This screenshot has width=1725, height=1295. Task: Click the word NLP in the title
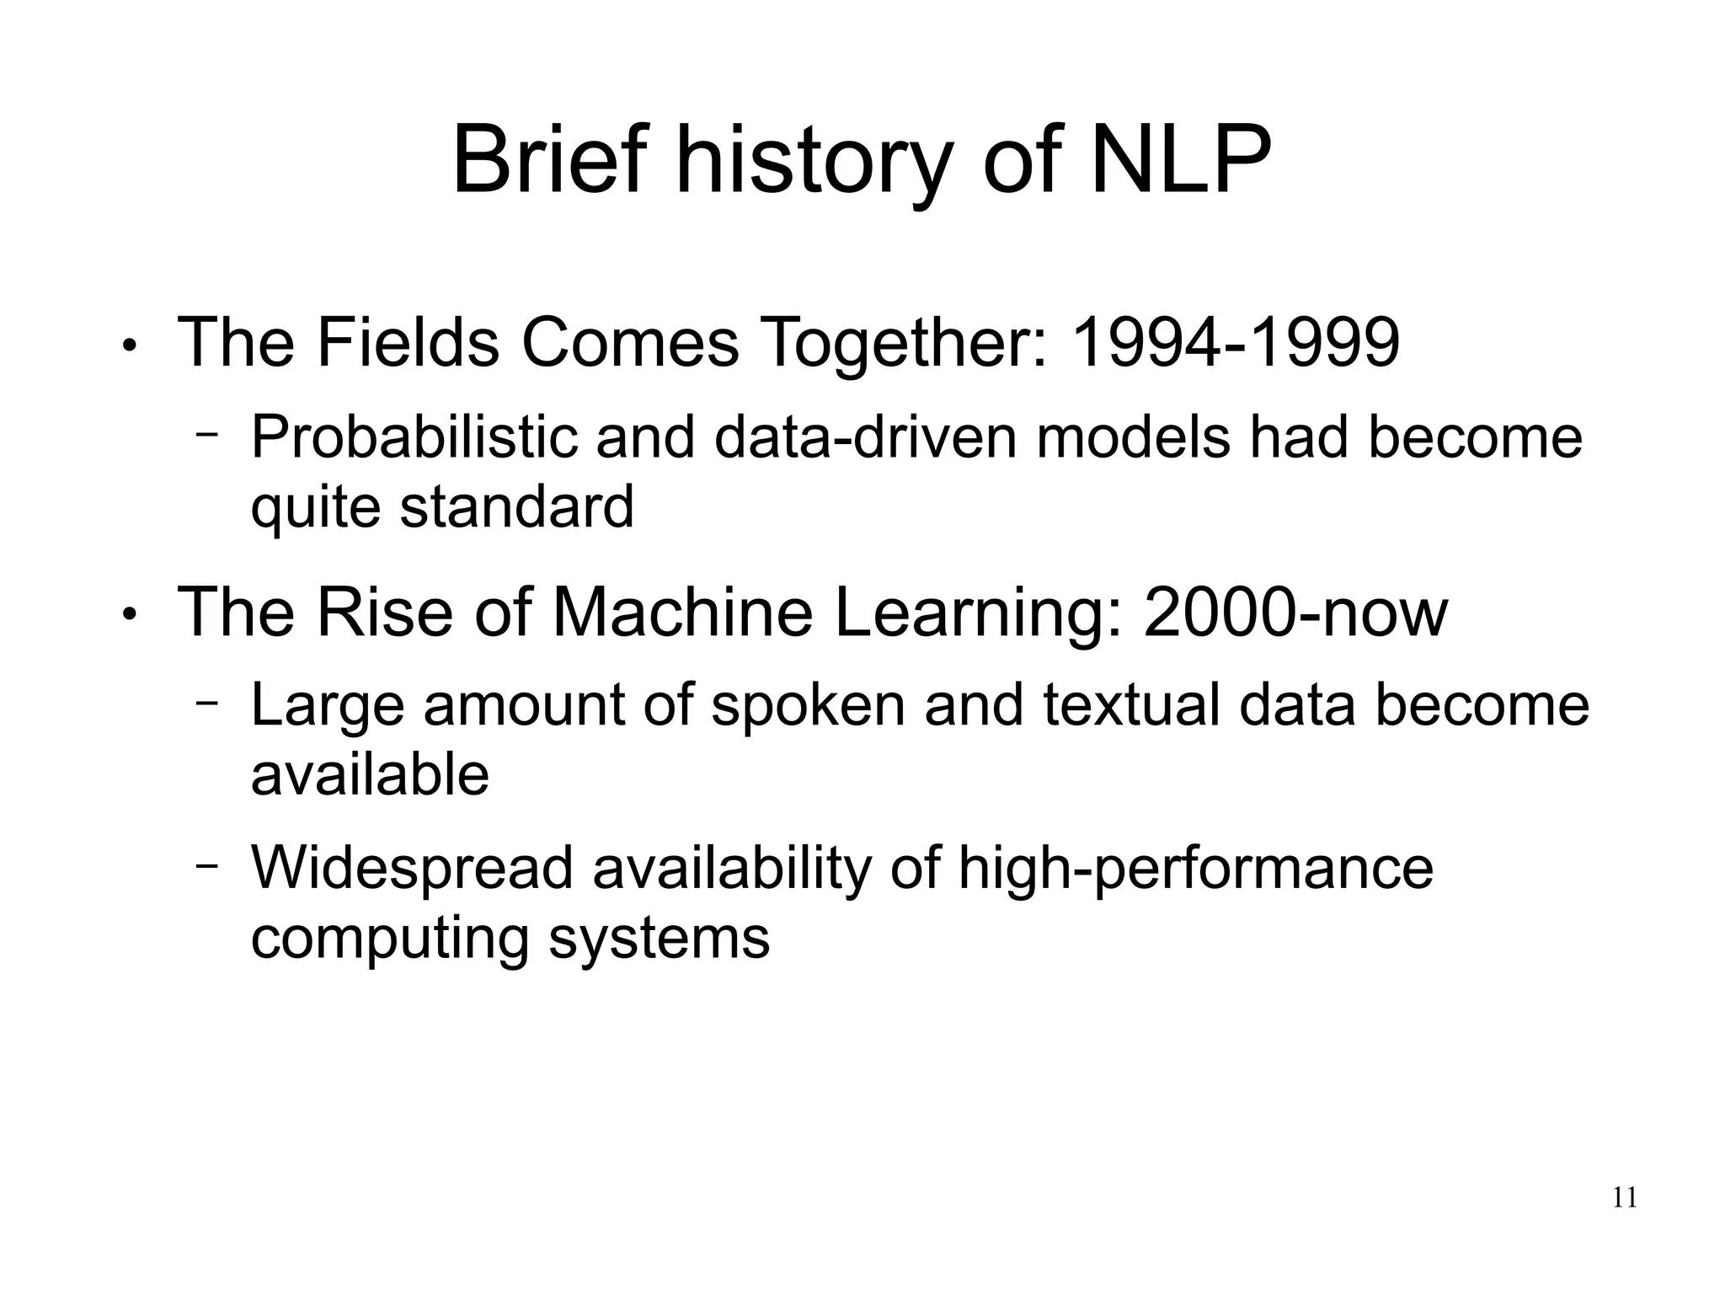coord(1180,159)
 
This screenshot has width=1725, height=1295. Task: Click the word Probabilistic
coord(414,437)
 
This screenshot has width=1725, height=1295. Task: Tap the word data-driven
coord(865,437)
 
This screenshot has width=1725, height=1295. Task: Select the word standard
coord(516,507)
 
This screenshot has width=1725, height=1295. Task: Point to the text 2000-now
coord(1295,613)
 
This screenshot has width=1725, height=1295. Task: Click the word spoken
coord(808,706)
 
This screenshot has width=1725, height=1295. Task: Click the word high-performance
coord(1194,870)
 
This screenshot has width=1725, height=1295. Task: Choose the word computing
coord(389,939)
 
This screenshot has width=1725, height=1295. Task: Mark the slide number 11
coord(1625,1197)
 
